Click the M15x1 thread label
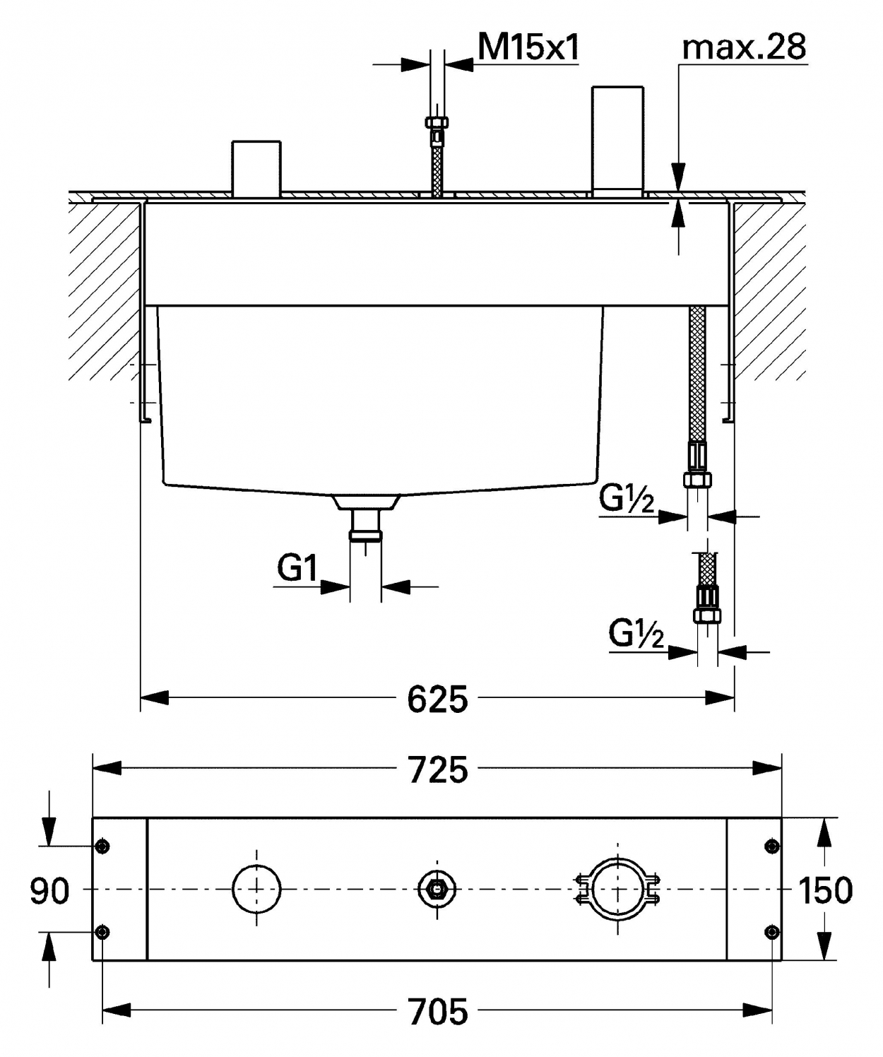pyautogui.click(x=528, y=47)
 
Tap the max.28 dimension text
pyautogui.click(x=744, y=47)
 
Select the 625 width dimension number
pyautogui.click(x=438, y=699)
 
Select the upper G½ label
pyautogui.click(x=627, y=499)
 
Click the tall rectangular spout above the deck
pyautogui.click(x=618, y=142)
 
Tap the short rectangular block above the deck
pyautogui.click(x=256, y=169)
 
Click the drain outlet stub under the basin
pyautogui.click(x=365, y=524)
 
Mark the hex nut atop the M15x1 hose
pyautogui.click(x=437, y=123)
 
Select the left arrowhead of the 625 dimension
pyautogui.click(x=154, y=698)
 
